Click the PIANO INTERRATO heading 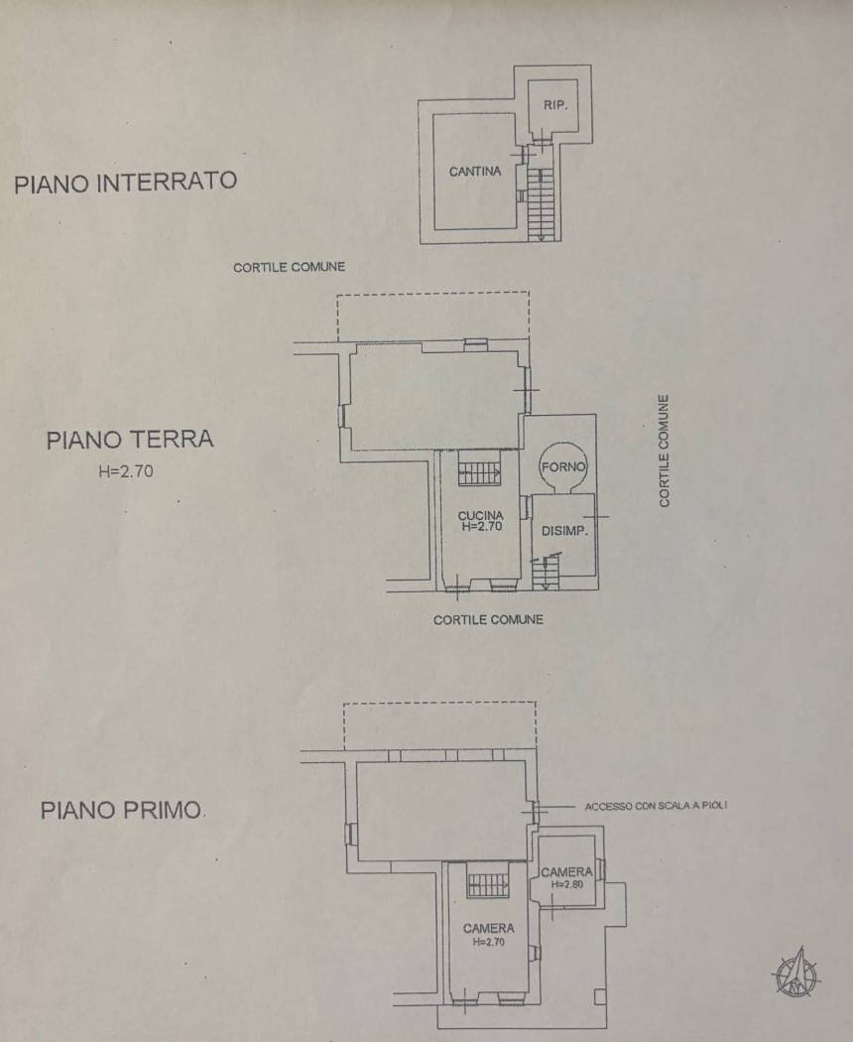coord(125,183)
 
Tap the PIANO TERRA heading coord(130,440)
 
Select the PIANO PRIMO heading coord(121,810)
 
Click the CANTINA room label coord(475,172)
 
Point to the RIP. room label coord(555,105)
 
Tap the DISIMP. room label coord(565,531)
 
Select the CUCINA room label coord(482,516)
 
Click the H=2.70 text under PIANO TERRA coord(126,473)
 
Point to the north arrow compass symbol coord(795,973)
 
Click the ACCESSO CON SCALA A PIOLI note coord(656,806)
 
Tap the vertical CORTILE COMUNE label coord(664,452)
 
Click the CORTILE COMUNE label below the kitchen coord(488,619)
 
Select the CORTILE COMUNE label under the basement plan coord(289,267)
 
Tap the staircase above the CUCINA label coord(480,468)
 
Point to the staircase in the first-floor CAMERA coord(488,882)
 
